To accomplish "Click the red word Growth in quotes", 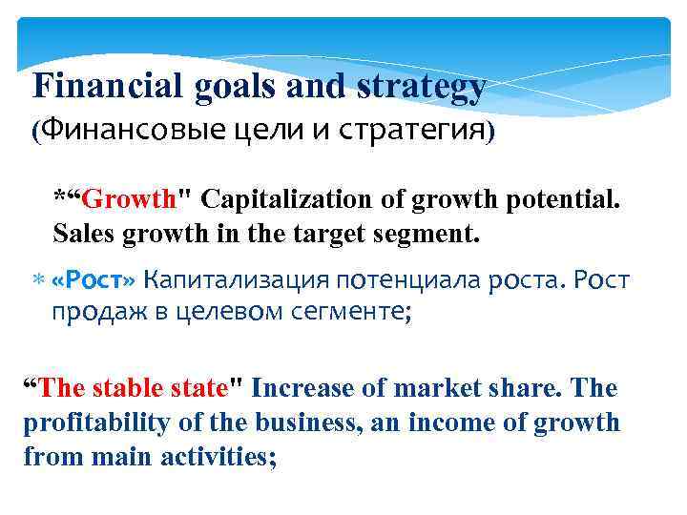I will click(129, 200).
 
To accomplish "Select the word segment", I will click(429, 232).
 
